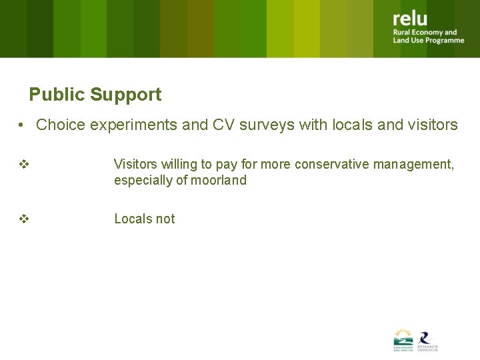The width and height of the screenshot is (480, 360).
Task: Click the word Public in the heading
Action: [57, 95]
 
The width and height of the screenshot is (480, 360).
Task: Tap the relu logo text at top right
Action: [410, 19]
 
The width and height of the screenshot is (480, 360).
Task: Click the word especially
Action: [141, 180]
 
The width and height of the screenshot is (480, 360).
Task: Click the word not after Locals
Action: [165, 219]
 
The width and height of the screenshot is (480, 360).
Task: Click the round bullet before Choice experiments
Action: [23, 125]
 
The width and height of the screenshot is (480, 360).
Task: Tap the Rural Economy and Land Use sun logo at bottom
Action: [403, 339]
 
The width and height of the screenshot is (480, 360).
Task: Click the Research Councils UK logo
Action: [427, 340]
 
